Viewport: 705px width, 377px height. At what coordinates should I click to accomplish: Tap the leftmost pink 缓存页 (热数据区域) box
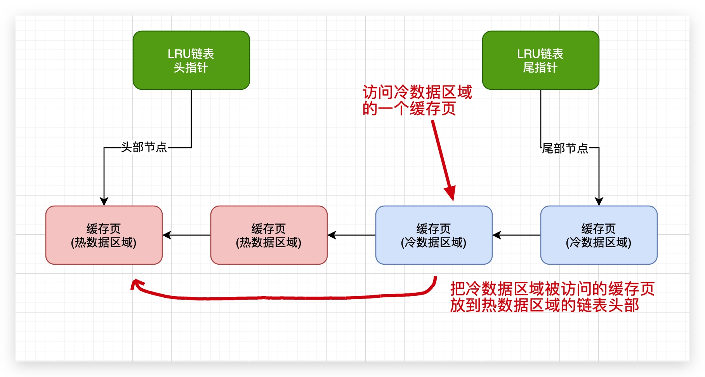[x=104, y=235]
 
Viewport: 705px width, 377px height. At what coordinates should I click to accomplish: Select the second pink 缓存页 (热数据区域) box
[x=269, y=235]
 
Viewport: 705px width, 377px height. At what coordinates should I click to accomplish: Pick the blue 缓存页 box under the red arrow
[x=434, y=235]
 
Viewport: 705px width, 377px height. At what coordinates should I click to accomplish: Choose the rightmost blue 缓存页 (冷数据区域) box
[x=599, y=235]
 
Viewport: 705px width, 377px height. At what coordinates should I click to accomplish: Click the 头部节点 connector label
[x=144, y=147]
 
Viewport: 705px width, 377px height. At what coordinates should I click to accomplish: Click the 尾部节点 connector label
[x=565, y=148]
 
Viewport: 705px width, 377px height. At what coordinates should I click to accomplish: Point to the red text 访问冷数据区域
[x=417, y=92]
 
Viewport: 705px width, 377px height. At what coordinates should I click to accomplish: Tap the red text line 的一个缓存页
[x=409, y=108]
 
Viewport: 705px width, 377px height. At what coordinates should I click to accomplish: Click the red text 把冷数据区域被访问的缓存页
[x=552, y=289]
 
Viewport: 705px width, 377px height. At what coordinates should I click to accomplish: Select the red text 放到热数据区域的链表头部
[x=544, y=305]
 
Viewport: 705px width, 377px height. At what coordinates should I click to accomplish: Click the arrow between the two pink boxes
[x=186, y=235]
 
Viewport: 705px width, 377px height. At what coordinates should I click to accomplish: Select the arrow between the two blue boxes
[x=516, y=235]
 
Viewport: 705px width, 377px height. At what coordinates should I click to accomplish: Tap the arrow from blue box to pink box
[x=351, y=235]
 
